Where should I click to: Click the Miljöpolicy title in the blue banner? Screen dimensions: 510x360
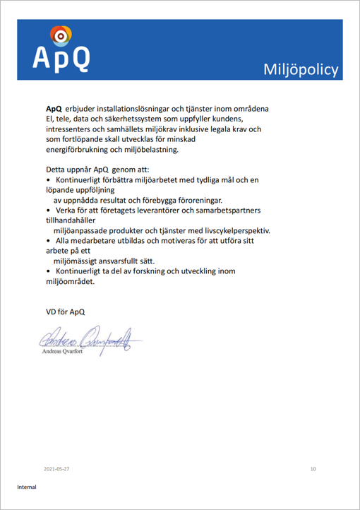click(x=301, y=69)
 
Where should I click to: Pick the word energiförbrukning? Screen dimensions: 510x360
click(x=78, y=150)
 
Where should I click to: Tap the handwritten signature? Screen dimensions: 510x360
click(x=88, y=338)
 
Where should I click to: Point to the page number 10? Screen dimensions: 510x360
click(x=313, y=469)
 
